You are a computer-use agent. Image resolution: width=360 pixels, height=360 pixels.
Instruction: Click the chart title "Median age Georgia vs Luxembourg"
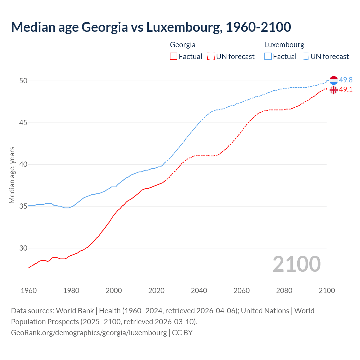click(x=151, y=27)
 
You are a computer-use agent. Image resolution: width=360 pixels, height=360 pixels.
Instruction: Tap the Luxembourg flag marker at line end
click(x=334, y=80)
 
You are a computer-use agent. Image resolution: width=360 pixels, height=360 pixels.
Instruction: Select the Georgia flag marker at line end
click(x=334, y=90)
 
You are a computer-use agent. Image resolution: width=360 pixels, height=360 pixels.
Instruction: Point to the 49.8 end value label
click(x=346, y=80)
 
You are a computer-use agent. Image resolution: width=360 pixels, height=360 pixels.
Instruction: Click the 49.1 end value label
click(x=346, y=90)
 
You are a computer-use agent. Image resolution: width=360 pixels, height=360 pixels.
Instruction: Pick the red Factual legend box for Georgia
click(x=174, y=57)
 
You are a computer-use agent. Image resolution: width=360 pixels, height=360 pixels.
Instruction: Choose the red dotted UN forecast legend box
click(x=211, y=57)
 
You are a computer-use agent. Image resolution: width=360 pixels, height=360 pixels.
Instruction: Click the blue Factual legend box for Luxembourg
click(x=268, y=57)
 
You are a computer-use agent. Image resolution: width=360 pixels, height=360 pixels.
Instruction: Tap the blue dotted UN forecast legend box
click(x=305, y=57)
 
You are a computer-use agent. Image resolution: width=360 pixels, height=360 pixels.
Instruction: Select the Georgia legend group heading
click(x=183, y=45)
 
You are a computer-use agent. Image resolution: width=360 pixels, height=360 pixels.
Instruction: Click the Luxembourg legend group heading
click(x=284, y=45)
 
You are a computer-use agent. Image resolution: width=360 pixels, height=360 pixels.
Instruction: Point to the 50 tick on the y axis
click(x=23, y=81)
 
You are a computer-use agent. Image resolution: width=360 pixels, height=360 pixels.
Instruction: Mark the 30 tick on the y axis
click(x=23, y=248)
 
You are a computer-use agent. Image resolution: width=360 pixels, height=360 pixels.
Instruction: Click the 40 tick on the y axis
click(x=23, y=165)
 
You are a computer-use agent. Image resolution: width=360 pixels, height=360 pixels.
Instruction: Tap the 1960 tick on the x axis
click(x=29, y=291)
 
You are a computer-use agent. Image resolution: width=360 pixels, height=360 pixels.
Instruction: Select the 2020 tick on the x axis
click(x=156, y=291)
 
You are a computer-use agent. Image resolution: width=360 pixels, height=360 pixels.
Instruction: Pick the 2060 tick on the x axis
click(x=242, y=291)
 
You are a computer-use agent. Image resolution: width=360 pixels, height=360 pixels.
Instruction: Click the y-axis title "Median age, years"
click(x=12, y=175)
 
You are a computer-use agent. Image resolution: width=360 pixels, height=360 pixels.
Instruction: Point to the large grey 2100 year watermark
click(x=296, y=264)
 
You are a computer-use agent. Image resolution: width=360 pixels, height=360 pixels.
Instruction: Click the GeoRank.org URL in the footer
click(x=89, y=333)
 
